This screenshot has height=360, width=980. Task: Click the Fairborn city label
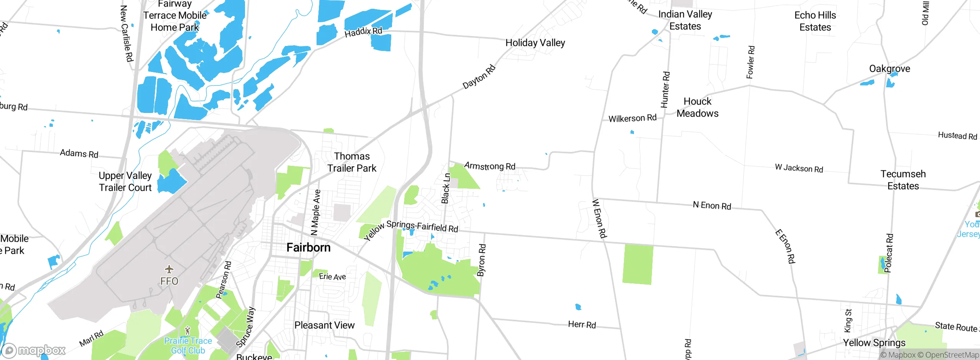point(308,247)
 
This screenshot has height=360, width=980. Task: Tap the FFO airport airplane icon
point(169,270)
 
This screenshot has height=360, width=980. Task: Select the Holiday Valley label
point(535,43)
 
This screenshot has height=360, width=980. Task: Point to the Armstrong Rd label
point(490,166)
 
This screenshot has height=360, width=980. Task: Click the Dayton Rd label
point(479,77)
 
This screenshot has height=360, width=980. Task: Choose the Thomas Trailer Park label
point(352,162)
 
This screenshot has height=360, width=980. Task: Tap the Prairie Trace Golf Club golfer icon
point(187,331)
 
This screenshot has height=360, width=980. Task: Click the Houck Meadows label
point(697,107)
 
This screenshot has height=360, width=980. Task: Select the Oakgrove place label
point(890,69)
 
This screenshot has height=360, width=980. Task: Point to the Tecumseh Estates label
point(903,180)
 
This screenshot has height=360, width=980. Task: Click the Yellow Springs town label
point(874,342)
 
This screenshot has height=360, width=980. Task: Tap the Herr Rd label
point(582,325)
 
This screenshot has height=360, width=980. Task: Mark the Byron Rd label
point(482,260)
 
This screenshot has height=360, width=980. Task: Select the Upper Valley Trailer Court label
point(125,182)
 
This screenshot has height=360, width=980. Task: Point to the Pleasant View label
point(324,325)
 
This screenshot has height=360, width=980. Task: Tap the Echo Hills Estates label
point(815,21)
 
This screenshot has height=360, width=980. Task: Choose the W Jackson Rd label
point(799,168)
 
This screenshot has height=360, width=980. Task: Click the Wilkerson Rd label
point(632,118)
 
